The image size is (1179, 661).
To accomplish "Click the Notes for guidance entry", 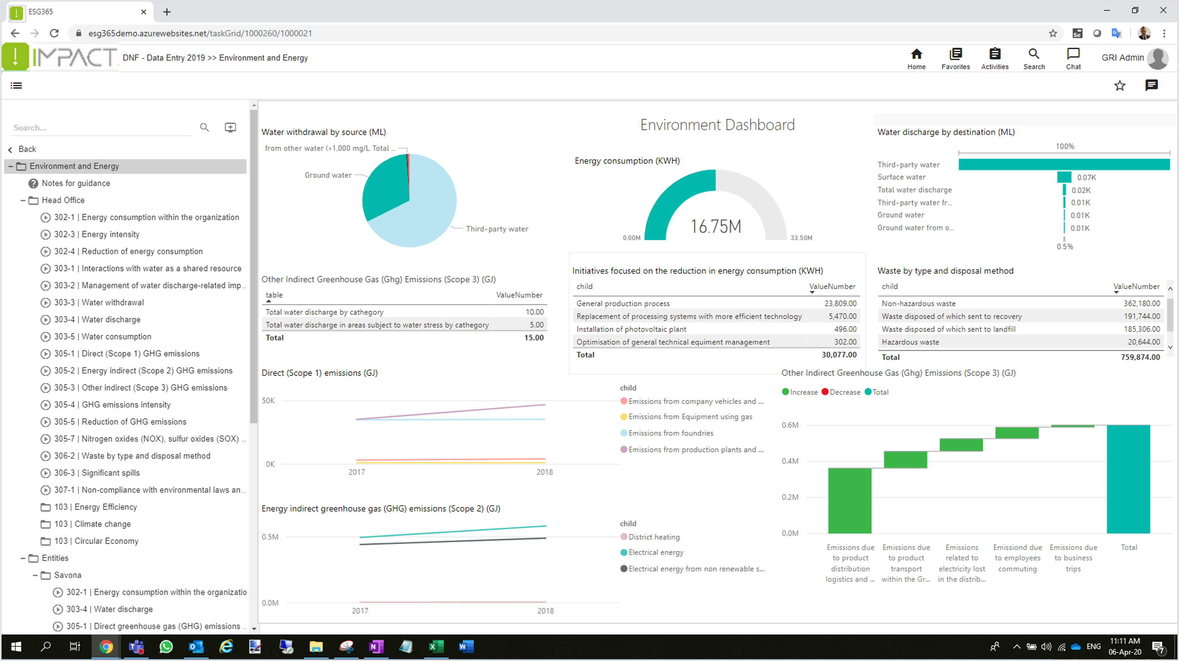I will [75, 183].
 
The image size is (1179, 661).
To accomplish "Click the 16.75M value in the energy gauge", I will [715, 226].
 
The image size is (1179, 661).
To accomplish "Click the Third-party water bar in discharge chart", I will [1064, 164].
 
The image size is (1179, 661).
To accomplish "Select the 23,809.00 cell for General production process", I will [840, 304].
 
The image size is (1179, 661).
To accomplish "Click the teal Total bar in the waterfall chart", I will [1128, 479].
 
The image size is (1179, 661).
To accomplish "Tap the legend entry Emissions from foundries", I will [670, 433].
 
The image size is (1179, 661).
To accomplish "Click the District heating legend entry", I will [654, 537].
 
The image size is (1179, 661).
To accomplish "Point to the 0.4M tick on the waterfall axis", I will [790, 461].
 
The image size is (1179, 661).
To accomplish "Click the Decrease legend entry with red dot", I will [845, 392].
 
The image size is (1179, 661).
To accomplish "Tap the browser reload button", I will [54, 33].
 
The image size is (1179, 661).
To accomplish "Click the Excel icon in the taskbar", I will [436, 647].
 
